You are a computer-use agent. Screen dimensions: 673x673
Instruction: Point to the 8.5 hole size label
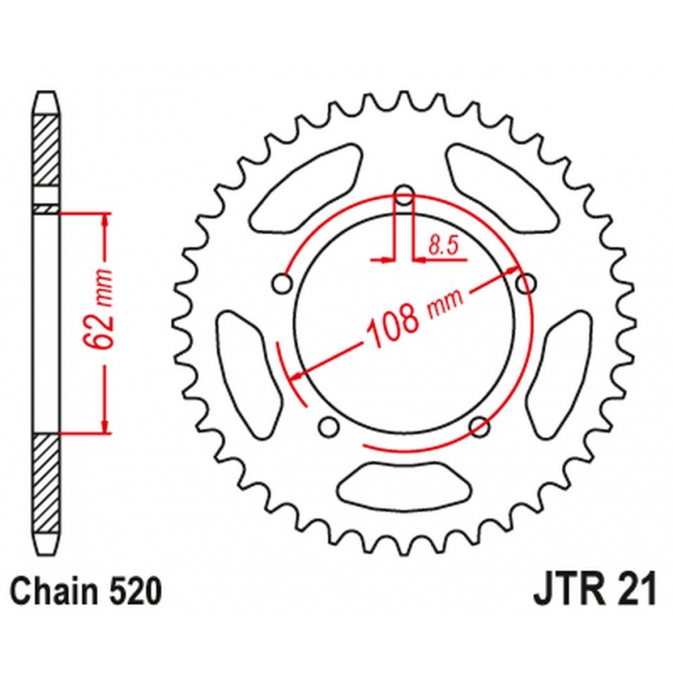pyautogui.click(x=444, y=246)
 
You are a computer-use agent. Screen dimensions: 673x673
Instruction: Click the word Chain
pyautogui.click(x=53, y=591)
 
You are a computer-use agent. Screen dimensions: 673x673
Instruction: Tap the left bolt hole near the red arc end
pyautogui.click(x=283, y=284)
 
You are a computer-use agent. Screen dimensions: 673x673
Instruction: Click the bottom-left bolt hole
pyautogui.click(x=329, y=427)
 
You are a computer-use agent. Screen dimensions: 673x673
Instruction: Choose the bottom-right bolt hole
pyautogui.click(x=480, y=427)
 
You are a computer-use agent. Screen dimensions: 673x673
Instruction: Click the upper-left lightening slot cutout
pyautogui.click(x=306, y=188)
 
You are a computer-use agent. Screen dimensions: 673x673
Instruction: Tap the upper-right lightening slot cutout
pyautogui.click(x=502, y=188)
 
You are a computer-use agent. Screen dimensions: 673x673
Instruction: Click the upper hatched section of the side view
pyautogui.click(x=46, y=151)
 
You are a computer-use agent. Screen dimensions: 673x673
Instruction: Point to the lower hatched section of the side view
pyautogui.click(x=46, y=483)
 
